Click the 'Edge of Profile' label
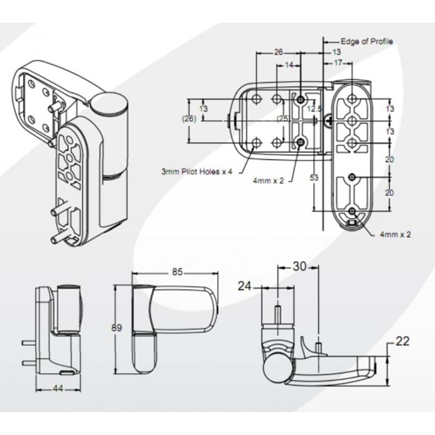click(x=366, y=41)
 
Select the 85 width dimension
click(x=177, y=273)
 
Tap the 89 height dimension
click(x=117, y=328)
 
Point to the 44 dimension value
click(x=57, y=389)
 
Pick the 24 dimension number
click(x=245, y=286)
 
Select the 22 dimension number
click(x=403, y=341)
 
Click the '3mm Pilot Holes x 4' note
click(x=197, y=172)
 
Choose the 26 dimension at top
click(x=278, y=52)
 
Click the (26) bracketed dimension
click(x=190, y=118)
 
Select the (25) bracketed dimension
click(x=283, y=118)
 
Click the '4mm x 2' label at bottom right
click(x=395, y=234)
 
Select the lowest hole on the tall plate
click(x=352, y=212)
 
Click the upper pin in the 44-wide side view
click(x=29, y=343)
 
